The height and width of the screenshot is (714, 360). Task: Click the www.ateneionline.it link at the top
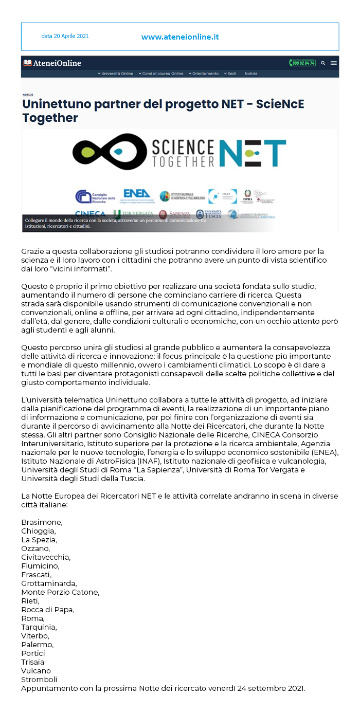tap(180, 37)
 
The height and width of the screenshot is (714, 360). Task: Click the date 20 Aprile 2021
tap(65, 36)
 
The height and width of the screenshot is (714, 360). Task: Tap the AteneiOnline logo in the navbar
tap(52, 63)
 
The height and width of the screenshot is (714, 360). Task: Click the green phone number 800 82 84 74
tap(302, 63)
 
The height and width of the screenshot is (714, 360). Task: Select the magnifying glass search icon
tap(323, 63)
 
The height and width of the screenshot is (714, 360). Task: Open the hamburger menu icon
tap(334, 63)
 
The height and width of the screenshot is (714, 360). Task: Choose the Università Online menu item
tap(117, 74)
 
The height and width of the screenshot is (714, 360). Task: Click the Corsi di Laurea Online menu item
tap(163, 74)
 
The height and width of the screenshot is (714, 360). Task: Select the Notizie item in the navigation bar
tap(251, 74)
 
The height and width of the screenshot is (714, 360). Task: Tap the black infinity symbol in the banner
tap(110, 151)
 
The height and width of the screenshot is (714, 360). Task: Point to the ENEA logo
tap(137, 195)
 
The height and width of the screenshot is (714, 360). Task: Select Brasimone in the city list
tap(42, 522)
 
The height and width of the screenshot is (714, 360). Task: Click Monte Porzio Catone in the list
tap(60, 592)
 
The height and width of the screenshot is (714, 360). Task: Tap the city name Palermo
tap(37, 645)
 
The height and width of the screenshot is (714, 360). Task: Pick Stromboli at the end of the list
tap(39, 680)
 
